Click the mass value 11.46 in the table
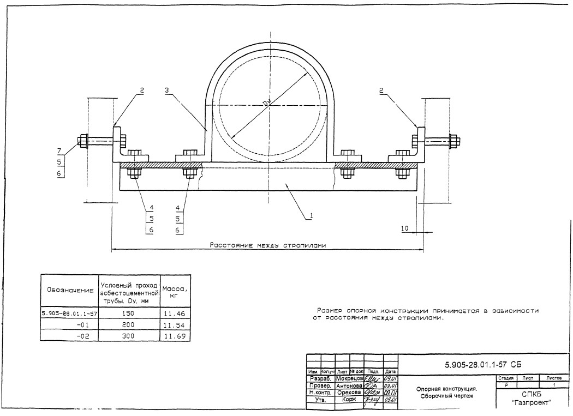click(x=175, y=314)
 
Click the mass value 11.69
click(x=175, y=337)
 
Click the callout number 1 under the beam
click(x=311, y=215)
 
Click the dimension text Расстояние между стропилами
click(x=268, y=245)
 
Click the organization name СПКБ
click(x=531, y=394)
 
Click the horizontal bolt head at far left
click(x=83, y=141)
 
